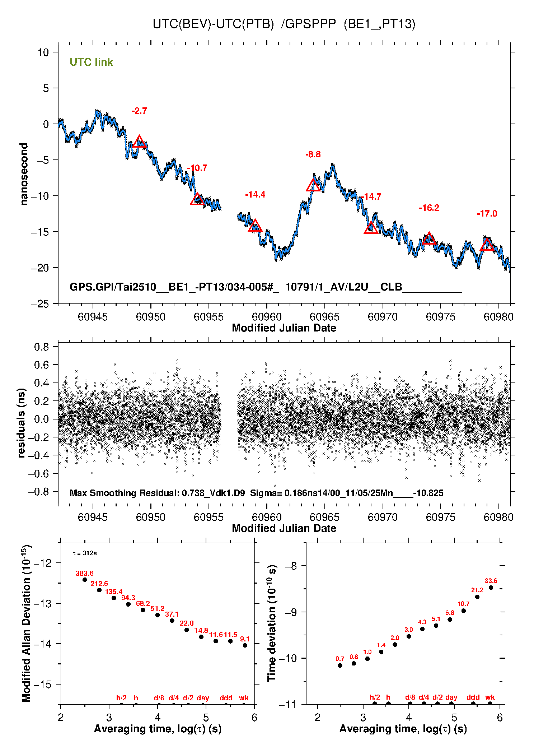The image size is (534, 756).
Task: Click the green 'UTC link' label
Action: coord(91,62)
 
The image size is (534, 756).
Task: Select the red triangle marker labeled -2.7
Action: coord(139,142)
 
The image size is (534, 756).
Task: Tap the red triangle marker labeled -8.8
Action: coord(313,185)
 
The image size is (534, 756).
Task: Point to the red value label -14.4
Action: coord(255,195)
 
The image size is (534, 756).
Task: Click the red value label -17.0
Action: coord(487,214)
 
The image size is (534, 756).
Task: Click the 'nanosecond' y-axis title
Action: coord(24,174)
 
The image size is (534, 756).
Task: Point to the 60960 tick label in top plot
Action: coord(267,317)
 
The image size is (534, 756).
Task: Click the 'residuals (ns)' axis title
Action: coord(22,423)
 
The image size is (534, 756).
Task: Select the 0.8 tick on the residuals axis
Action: coord(42,347)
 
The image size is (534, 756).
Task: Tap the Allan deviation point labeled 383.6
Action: coord(85,580)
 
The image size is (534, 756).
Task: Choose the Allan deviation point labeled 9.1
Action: coord(245,645)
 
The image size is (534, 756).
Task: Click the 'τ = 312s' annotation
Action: coord(85,553)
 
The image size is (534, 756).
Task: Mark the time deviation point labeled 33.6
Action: coord(491,588)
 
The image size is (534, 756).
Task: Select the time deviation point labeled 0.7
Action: coord(340,665)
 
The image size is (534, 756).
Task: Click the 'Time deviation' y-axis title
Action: coord(272,623)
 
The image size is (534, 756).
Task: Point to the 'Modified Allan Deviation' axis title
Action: coord(26,623)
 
